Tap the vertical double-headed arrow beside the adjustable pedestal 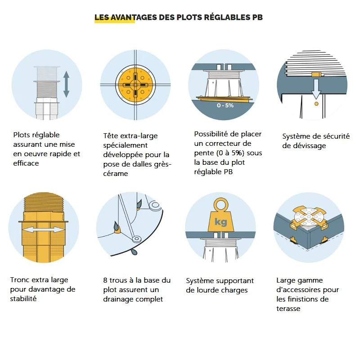click(x=66, y=84)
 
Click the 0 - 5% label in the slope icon click(x=225, y=105)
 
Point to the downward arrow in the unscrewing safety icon click(x=316, y=89)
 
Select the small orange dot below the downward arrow click(x=316, y=104)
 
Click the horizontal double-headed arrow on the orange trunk click(x=44, y=229)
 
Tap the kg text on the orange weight click(x=220, y=222)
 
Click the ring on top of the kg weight click(x=220, y=204)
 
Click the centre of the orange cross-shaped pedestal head click(x=135, y=85)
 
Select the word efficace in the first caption click(x=26, y=163)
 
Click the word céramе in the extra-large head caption click(x=116, y=174)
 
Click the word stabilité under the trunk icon click(x=23, y=299)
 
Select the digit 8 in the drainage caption click(x=105, y=280)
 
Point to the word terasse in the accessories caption click(x=288, y=309)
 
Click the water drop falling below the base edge click(x=134, y=252)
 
